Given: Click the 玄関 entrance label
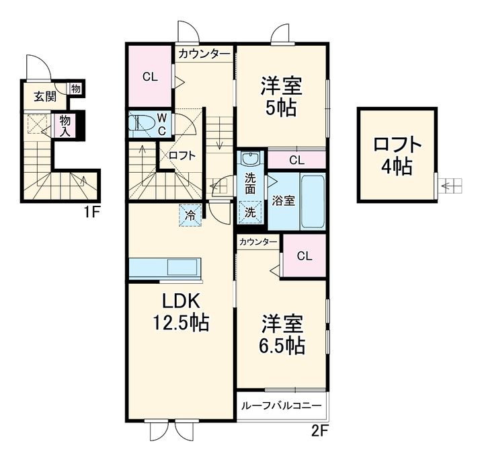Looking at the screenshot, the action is pos(45,96).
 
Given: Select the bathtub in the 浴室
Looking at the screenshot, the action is pos(313,201).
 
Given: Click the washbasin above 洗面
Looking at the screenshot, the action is pos(250,159).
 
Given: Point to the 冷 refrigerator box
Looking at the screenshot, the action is pos(190,216).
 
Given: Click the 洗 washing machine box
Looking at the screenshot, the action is pos(250,213).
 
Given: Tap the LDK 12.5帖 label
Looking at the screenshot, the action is pos(181,312).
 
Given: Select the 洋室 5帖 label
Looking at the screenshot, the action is pos(281,97).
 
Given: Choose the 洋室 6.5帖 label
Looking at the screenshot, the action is pos(282,334).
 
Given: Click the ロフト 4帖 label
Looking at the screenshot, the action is pos(397,156).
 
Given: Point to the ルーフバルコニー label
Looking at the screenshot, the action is pos(282,406).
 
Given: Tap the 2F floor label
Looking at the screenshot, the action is pos(319,431).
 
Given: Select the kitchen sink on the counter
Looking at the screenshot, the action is pos(182,266).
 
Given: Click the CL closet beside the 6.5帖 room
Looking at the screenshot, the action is pos(305,256).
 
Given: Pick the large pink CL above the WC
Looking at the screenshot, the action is pos(150,76).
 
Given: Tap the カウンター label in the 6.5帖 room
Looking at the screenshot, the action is pos(258,242).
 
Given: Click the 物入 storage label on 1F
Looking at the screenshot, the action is pos(65,126).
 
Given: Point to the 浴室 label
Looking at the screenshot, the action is pos(283,201).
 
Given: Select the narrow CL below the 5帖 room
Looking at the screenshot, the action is pos(296,160).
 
